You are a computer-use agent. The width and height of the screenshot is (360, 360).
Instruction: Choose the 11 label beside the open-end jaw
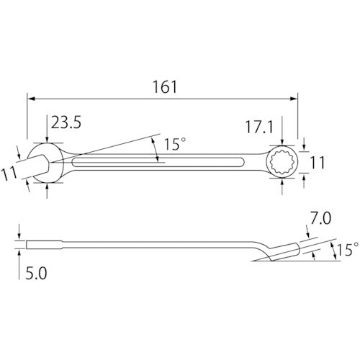8,174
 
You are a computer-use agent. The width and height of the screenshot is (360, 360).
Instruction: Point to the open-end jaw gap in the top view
32,163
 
